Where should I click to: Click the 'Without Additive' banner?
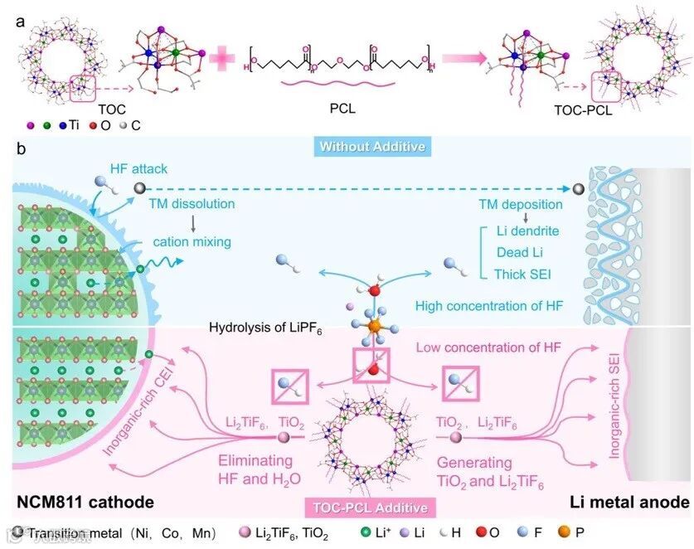[347, 148]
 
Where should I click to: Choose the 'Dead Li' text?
[520, 251]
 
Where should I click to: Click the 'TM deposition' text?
[521, 204]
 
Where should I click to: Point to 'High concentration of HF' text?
[489, 306]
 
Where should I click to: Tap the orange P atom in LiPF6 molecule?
[375, 329]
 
